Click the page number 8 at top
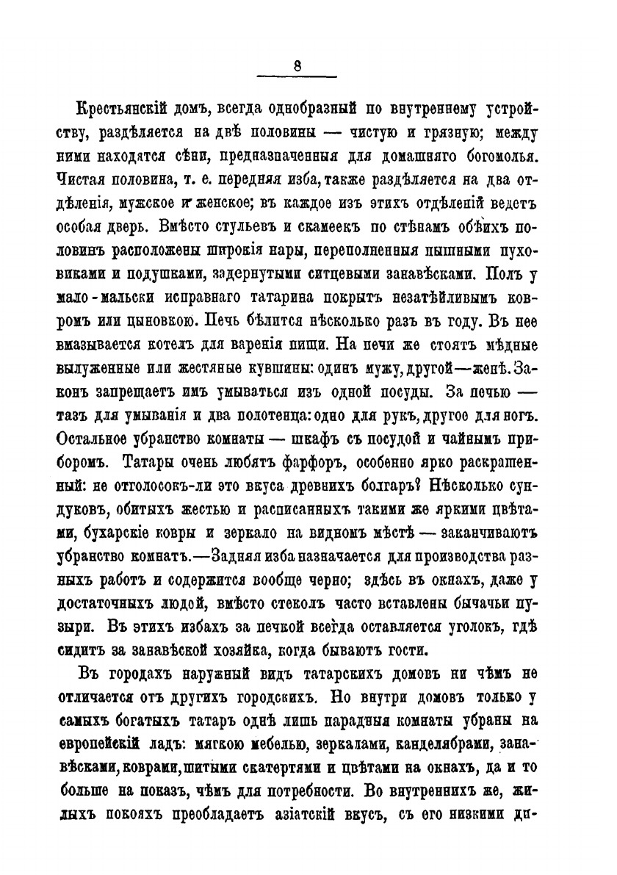pyautogui.click(x=297, y=66)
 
